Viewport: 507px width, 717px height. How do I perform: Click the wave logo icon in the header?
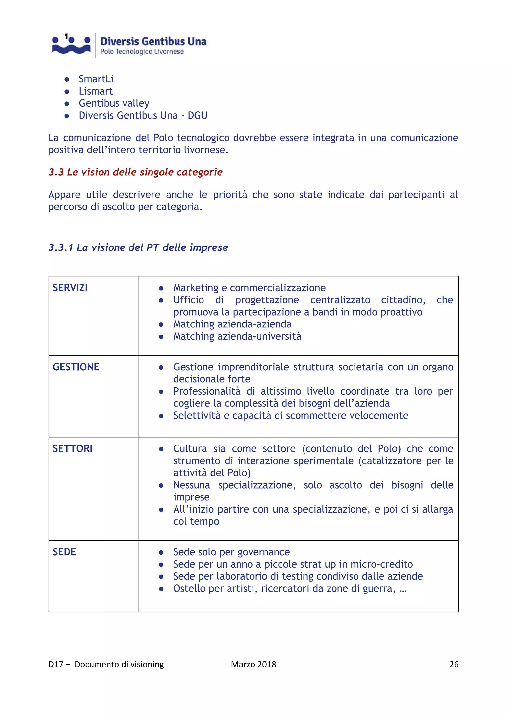click(x=71, y=45)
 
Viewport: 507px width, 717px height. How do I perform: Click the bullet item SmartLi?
click(x=96, y=79)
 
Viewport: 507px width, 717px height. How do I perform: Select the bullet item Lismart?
click(x=96, y=91)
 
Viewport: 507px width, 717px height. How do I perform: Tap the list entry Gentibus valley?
click(x=114, y=103)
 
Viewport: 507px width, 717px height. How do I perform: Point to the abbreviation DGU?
click(x=197, y=116)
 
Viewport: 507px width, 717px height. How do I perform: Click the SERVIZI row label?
click(x=70, y=288)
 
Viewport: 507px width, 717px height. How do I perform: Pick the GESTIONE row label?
click(x=76, y=367)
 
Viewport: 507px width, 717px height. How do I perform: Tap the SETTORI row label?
click(x=73, y=448)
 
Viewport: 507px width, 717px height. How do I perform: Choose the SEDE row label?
click(x=64, y=552)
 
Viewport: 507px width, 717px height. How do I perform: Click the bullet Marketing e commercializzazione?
click(x=249, y=288)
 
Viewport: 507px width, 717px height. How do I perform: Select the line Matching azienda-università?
click(x=237, y=336)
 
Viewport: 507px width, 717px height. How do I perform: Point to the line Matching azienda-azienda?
click(x=232, y=324)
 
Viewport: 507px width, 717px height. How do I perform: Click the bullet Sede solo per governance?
click(x=231, y=552)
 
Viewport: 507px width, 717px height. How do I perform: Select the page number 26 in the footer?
click(x=454, y=664)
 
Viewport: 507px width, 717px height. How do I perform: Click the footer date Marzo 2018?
click(x=253, y=664)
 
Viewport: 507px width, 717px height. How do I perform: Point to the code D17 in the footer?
click(x=56, y=664)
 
